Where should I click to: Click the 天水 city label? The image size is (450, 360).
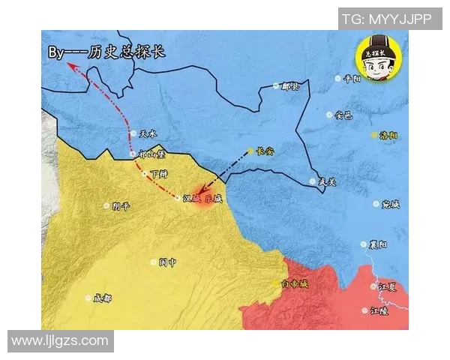pos(148,134)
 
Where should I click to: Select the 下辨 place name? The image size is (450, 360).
pos(159,173)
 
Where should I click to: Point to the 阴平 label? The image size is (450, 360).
pos(121,205)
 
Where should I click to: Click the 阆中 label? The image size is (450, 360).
pos(166,262)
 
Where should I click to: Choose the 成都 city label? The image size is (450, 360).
pos(103,298)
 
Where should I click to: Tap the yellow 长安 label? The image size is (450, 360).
pos(265,151)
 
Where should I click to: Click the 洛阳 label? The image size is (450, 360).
pos(389,135)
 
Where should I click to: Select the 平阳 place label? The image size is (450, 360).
pos(352,78)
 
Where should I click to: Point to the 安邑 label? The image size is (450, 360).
pos(343,115)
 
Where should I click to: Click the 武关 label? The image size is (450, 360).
pos(328,181)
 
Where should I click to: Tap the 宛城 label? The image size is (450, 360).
pos(391,203)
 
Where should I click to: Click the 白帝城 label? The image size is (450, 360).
pos(295,283)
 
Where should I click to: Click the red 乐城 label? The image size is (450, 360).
pos(214,199)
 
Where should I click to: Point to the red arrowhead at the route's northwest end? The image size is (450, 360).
pos(68,66)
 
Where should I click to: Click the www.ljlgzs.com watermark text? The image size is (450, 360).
pos(60,341)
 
